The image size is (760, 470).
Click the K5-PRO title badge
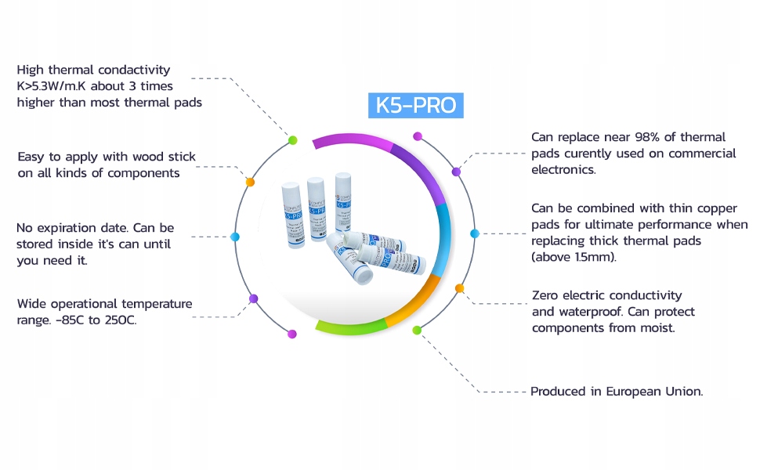[415, 106]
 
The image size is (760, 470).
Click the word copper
[718, 208]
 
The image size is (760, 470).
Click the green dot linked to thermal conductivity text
[292, 140]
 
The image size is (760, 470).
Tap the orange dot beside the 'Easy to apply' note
[251, 182]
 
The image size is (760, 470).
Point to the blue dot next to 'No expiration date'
[234, 236]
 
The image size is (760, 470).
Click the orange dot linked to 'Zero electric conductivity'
[459, 288]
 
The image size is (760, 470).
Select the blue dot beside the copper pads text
[474, 233]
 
